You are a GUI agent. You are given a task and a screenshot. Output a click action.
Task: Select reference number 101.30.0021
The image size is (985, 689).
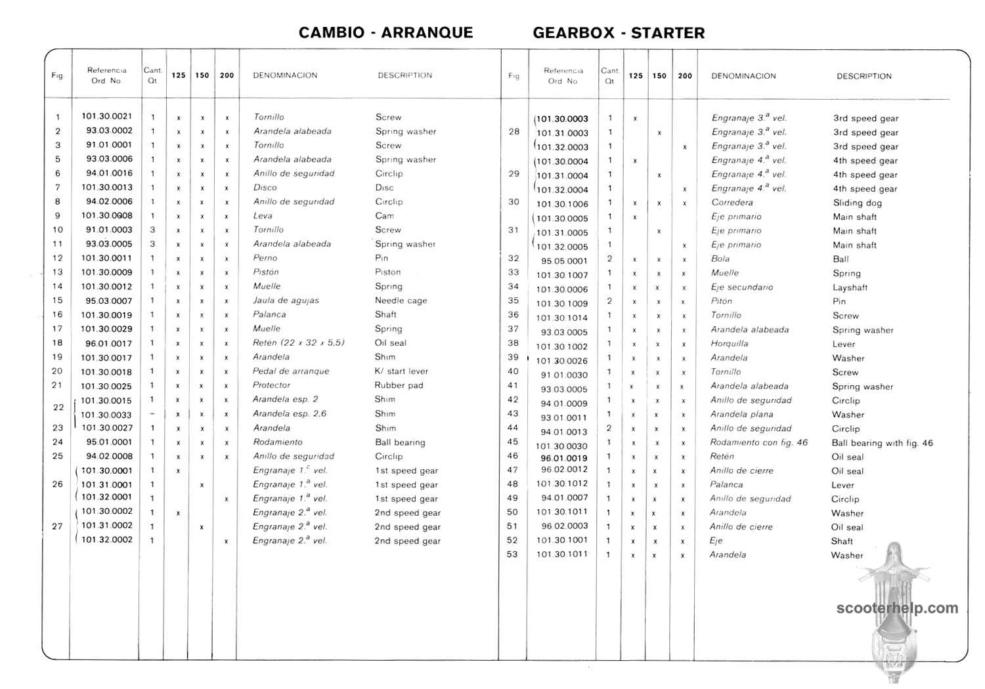[x=107, y=116]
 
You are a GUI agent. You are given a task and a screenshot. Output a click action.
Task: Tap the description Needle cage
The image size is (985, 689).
[x=401, y=301]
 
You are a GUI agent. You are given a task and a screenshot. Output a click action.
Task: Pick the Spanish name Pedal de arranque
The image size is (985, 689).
[x=291, y=371]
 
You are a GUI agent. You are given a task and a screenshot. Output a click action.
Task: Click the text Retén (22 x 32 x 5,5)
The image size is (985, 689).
[x=298, y=343]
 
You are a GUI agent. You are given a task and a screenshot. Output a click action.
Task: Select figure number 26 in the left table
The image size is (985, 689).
[x=58, y=484]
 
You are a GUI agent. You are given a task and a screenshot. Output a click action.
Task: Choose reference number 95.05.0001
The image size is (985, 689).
[x=564, y=261]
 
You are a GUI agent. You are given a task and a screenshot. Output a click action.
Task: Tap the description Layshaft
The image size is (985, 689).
[x=850, y=287]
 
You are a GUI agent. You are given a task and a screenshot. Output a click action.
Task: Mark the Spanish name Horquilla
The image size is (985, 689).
[x=729, y=343]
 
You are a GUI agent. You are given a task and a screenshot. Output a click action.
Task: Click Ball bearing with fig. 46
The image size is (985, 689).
[x=882, y=443]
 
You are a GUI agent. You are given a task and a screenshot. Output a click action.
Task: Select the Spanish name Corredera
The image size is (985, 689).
[x=732, y=203]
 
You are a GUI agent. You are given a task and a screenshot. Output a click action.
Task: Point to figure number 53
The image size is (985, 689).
[x=512, y=554]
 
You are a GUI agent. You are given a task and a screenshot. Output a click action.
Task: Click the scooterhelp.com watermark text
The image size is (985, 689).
[x=897, y=608]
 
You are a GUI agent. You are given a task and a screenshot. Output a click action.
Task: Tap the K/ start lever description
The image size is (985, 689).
[x=401, y=371]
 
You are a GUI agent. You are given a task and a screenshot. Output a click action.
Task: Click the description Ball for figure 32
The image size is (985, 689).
[x=841, y=259]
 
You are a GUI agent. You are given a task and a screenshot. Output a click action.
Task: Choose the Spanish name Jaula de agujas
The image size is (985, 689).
[x=286, y=301]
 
